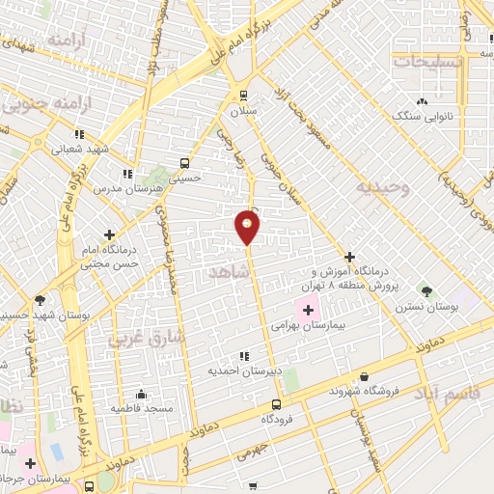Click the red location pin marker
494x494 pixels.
tap(248, 226)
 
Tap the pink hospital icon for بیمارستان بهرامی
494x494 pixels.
tap(309, 311)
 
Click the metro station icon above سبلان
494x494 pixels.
tap(243, 96)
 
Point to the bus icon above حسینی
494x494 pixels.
tap(185, 163)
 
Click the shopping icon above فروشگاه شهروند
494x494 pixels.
tap(363, 376)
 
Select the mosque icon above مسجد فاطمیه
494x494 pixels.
tap(141, 394)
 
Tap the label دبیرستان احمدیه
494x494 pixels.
tap(241, 370)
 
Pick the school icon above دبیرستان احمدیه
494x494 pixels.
tap(242, 356)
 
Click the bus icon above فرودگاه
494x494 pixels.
tap(276, 404)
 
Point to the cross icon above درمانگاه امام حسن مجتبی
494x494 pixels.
tap(109, 233)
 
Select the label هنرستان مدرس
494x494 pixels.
tap(119, 188)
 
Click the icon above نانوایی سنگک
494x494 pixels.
tap(422, 101)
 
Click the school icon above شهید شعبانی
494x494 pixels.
tap(79, 134)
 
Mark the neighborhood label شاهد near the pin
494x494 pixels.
tap(229, 274)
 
